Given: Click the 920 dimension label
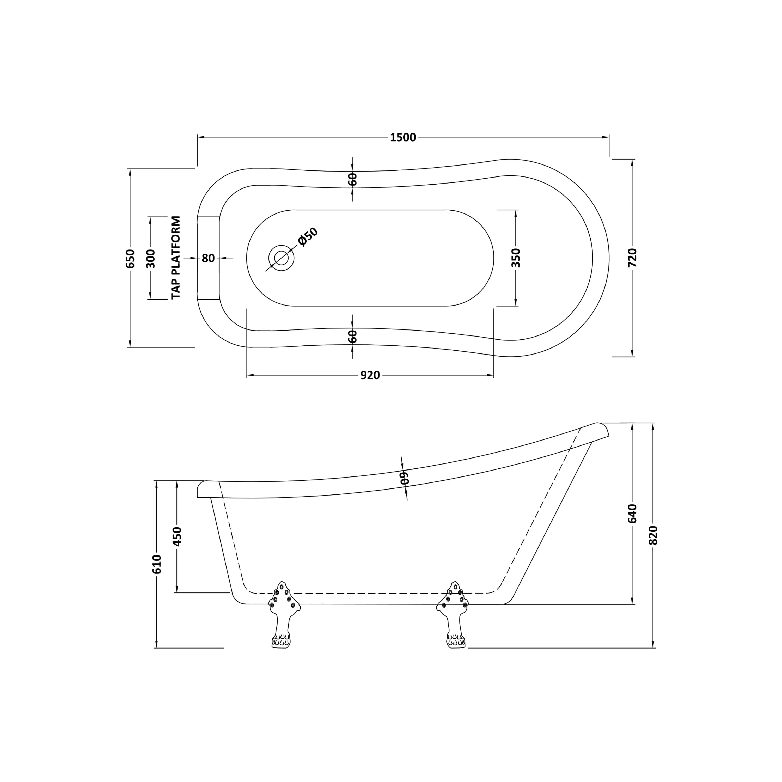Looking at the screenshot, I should (x=370, y=376).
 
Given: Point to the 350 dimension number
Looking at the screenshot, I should (x=516, y=258).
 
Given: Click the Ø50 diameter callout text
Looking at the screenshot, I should (x=308, y=237).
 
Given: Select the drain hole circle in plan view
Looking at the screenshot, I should (x=281, y=258).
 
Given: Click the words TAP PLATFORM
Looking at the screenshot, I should (x=176, y=258).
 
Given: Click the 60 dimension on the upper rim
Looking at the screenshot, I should (x=352, y=179).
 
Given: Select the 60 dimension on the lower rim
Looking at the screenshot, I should (x=352, y=336).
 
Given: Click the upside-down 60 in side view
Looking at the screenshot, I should (x=404, y=478).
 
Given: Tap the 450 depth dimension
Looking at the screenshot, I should (x=177, y=536).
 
